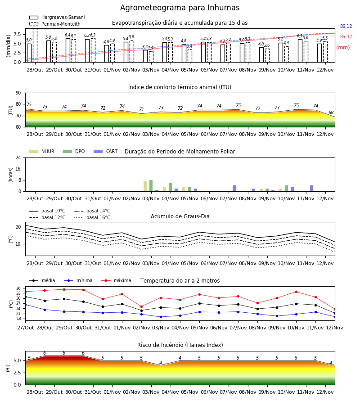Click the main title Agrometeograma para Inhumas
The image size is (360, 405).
pos(180,8)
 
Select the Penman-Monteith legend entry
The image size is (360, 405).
pos(55,24)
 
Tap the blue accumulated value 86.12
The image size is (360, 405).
pos(346,27)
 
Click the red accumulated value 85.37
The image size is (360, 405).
pos(346,37)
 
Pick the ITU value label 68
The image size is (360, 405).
pos(331,112)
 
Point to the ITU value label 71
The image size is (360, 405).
pos(141,109)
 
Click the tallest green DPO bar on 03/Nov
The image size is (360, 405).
pos(151,186)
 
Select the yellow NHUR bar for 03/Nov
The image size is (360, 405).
pos(145,186)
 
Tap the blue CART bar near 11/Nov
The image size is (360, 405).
pos(312,189)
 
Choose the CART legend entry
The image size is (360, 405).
pos(106,151)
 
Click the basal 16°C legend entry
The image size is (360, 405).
pos(92,217)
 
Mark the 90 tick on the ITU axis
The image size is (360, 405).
pos(18,93)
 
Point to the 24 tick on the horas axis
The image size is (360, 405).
pos(18,157)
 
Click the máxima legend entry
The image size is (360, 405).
pos(116,280)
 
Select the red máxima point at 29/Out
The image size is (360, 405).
pos(64,289)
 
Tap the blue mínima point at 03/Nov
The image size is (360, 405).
pos(161,317)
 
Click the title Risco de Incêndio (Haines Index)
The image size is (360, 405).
pos(180,345)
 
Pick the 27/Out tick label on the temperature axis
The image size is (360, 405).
pos(25,328)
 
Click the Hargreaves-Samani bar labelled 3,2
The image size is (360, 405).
pos(145,56)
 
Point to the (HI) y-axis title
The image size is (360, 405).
pos(8,368)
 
